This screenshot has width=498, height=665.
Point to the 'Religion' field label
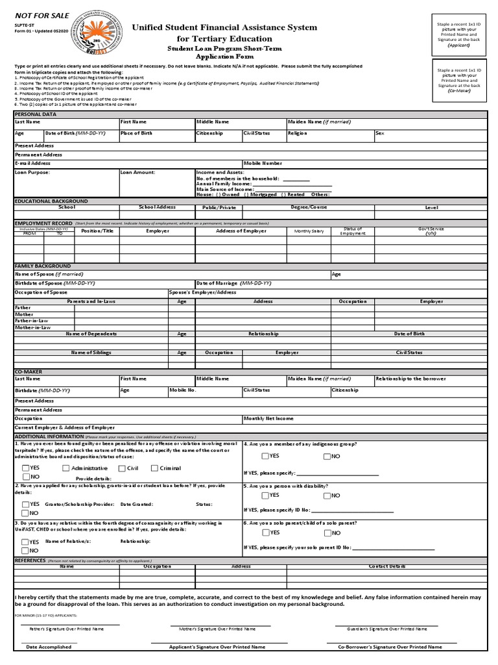tap(298, 133)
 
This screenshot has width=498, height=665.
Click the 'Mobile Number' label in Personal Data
tap(263, 164)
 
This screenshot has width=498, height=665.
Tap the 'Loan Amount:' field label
tap(137, 173)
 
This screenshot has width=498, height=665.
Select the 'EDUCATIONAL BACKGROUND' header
tap(51, 201)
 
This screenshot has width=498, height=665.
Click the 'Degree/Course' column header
tap(309, 207)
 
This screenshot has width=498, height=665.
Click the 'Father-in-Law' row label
tap(31, 321)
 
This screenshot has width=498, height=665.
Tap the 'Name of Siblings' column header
tap(91, 353)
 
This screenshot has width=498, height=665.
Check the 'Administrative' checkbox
tap(66, 468)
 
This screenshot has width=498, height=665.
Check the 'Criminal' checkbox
tap(154, 468)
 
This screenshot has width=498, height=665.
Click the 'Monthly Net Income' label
tap(268, 419)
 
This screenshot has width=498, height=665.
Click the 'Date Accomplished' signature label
tap(49, 647)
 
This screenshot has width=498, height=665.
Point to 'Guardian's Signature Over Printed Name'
tap(386, 629)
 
